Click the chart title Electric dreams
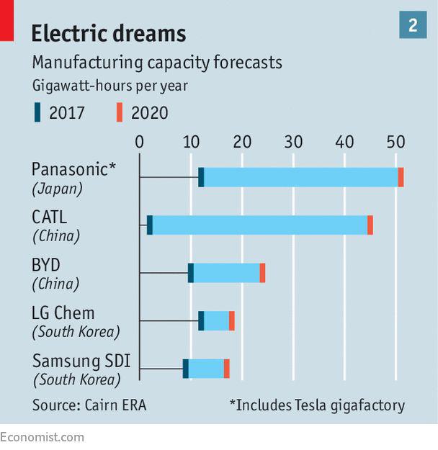click(108, 33)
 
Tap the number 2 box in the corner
click(413, 26)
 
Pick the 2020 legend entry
click(142, 112)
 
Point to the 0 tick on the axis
click(140, 141)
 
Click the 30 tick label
click(293, 141)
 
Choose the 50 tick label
click(395, 141)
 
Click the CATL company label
click(49, 216)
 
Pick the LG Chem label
click(63, 312)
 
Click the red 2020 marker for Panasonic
click(401, 177)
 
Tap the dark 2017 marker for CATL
click(150, 225)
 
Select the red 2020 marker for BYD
click(262, 273)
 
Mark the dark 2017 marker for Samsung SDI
click(185, 369)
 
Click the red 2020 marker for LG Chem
click(232, 320)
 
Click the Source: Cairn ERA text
click(89, 405)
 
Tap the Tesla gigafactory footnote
click(317, 405)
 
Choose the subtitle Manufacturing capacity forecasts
click(157, 63)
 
